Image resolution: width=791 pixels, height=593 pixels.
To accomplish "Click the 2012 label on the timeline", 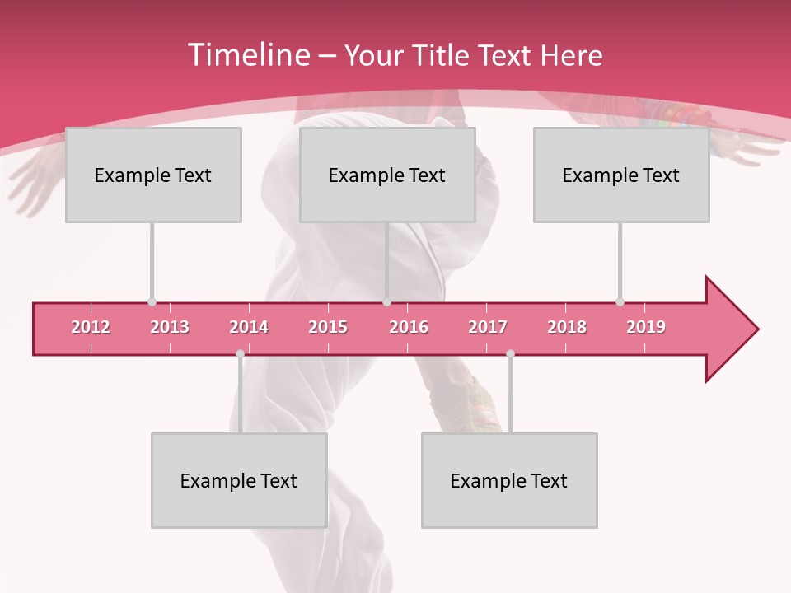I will (x=91, y=327).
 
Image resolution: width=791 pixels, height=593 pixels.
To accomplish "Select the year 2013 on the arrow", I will (x=170, y=327).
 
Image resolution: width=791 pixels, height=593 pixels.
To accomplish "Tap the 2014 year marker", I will (x=249, y=327).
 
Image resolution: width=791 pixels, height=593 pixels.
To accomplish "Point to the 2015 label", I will (x=328, y=327).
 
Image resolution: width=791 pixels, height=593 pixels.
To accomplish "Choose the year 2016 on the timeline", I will (x=409, y=327).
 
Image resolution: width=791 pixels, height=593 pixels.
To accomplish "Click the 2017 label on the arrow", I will (x=488, y=327).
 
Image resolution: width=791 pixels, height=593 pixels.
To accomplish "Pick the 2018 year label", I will (x=567, y=327).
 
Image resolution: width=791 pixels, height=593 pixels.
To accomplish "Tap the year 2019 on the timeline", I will (x=646, y=327).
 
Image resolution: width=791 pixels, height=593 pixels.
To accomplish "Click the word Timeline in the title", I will (x=247, y=55).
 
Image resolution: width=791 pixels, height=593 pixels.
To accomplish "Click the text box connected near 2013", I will (x=153, y=175).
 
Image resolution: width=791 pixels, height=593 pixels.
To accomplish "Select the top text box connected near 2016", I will (x=387, y=175).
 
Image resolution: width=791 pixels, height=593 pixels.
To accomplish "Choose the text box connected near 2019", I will (x=621, y=175).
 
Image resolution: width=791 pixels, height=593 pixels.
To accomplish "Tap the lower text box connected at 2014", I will (x=239, y=480).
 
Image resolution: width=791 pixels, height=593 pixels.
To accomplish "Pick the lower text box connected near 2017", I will (x=509, y=480).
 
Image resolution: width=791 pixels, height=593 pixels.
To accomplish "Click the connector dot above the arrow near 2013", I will (x=152, y=301).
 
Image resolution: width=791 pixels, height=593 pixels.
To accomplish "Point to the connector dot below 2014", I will (x=240, y=353).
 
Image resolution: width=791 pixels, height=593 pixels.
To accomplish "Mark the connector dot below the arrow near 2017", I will (x=510, y=353).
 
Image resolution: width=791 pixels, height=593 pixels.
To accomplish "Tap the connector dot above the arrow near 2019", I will (x=620, y=301).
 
